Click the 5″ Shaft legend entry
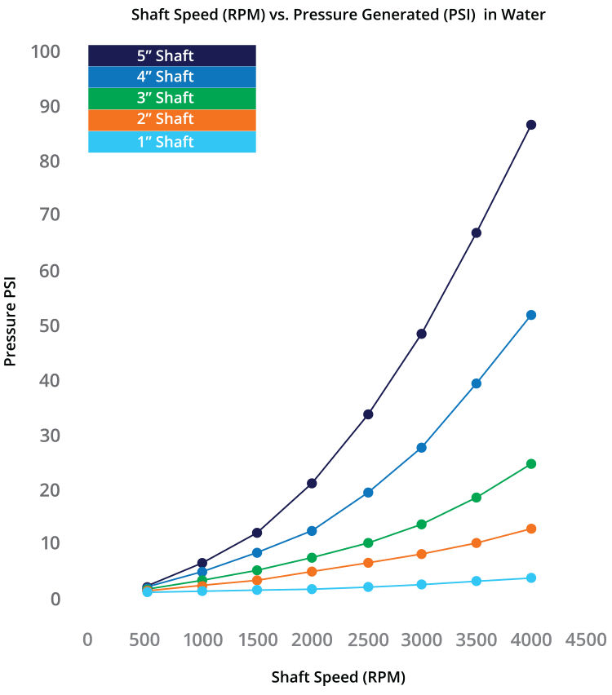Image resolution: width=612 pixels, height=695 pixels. coord(172,55)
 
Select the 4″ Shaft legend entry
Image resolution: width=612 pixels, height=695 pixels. coord(172,77)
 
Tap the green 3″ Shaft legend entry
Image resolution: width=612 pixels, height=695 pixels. coord(172,98)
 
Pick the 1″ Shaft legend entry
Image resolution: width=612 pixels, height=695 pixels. coord(172,142)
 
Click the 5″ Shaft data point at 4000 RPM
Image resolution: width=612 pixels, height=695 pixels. coord(531,125)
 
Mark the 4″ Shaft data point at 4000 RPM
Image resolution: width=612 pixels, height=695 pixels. coord(531,315)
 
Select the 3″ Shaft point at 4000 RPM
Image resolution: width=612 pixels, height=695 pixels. coord(531,463)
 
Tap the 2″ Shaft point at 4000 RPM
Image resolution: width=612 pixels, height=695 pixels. coord(531,529)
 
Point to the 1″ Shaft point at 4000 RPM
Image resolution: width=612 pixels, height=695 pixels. coord(531,578)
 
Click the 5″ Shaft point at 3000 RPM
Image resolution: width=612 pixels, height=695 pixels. coord(421,334)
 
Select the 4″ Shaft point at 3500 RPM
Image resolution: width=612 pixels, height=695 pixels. coord(477,383)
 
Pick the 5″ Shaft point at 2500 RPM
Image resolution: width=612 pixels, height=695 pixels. coord(368,414)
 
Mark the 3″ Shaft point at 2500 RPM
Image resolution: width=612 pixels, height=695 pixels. coord(368,542)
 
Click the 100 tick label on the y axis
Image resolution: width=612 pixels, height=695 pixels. coord(45,52)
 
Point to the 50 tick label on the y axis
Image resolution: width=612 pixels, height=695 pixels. coord(49,325)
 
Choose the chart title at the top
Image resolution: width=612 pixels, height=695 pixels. coord(339,14)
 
